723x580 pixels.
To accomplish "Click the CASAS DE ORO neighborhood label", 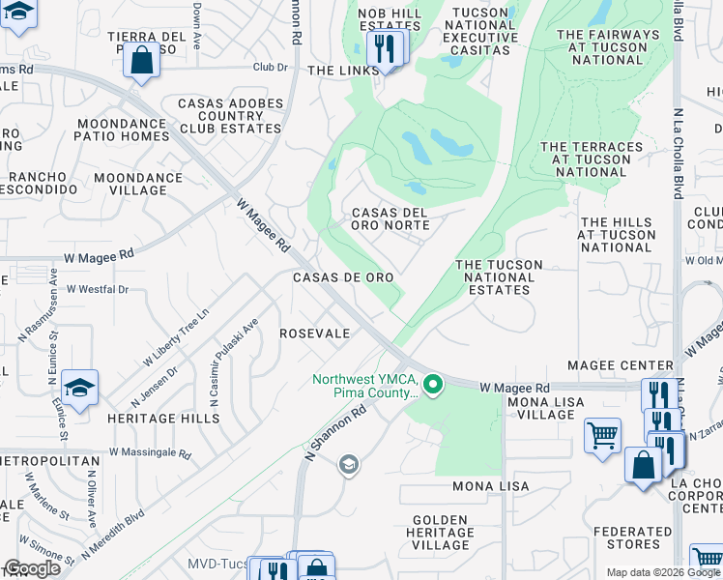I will (x=343, y=277).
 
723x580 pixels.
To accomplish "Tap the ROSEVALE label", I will (x=314, y=333).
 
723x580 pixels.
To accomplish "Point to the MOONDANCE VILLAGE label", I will (x=138, y=184).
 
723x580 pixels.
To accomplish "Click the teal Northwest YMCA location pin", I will (x=434, y=385).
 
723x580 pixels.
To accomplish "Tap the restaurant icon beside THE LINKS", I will (x=386, y=48).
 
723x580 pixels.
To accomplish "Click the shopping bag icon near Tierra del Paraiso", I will (x=141, y=60).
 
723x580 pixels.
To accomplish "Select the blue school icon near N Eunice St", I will (x=79, y=388).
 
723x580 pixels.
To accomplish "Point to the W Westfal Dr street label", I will (x=97, y=289).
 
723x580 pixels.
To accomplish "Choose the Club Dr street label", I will (x=271, y=68).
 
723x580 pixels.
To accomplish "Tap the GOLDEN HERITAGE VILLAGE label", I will (x=441, y=532).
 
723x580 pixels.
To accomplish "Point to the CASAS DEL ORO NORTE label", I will (x=390, y=218).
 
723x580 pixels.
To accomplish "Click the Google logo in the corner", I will (x=32, y=568).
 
